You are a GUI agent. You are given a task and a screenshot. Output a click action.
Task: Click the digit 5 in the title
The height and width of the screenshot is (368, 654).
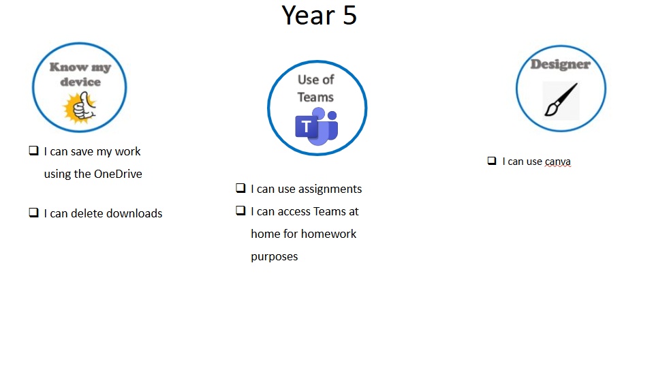point(349,16)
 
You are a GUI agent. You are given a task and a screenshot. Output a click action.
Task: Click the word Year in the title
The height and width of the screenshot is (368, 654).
point(308,16)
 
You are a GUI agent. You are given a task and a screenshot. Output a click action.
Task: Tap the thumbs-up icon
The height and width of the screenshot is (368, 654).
point(80,108)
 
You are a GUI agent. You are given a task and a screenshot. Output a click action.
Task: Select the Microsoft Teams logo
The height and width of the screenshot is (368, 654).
point(317,127)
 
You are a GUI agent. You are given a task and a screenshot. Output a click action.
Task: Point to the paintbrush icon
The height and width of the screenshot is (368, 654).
point(561,99)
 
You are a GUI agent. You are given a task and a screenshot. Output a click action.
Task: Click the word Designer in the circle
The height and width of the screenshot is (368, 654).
point(561,64)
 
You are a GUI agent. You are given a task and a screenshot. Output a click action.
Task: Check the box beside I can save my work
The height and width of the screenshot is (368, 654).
point(34,150)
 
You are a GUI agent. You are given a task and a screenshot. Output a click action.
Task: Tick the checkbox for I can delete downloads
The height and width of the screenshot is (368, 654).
point(34,213)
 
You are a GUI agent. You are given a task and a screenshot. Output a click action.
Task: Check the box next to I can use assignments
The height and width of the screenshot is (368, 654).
point(240,188)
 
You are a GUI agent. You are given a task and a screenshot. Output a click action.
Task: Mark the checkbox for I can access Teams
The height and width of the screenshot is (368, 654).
point(240,211)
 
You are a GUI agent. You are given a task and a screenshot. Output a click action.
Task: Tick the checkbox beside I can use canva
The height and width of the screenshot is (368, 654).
point(492,161)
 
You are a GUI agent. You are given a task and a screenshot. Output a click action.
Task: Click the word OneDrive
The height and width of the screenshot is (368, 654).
point(118,174)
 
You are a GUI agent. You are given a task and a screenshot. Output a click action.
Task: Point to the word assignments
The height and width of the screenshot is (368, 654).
point(330,189)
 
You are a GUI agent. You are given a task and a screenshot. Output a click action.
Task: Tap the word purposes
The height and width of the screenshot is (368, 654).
point(275,257)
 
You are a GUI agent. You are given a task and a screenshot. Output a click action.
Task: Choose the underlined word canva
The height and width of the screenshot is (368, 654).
point(558,162)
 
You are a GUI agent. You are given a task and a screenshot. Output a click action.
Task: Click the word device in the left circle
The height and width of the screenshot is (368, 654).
point(80,82)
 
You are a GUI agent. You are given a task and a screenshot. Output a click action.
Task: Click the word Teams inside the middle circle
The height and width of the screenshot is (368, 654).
point(315,97)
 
